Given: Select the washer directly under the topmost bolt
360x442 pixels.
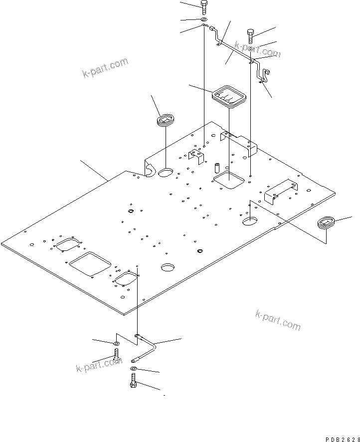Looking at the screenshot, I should tap(204, 20).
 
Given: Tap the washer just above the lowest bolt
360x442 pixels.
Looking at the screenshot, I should tap(133, 369).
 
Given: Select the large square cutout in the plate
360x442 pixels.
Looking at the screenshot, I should tap(90, 263).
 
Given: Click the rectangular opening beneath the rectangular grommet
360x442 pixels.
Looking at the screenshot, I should tap(228, 181).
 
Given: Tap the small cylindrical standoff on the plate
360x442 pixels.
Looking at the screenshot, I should tap(217, 167).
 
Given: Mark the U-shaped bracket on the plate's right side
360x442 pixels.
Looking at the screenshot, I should tap(281, 190).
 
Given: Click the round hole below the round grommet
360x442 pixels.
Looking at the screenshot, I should tap(165, 173).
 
